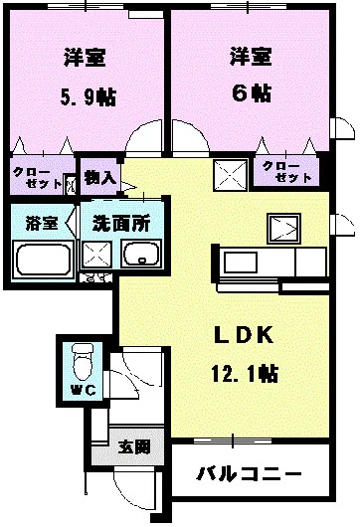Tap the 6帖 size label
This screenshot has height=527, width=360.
point(250,91)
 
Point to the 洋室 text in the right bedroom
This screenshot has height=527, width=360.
point(250,55)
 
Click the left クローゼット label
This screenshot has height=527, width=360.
point(36,177)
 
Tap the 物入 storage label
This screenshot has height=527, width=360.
point(100,177)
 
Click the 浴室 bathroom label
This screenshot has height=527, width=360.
point(41,222)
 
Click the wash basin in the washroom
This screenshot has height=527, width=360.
point(141,256)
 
